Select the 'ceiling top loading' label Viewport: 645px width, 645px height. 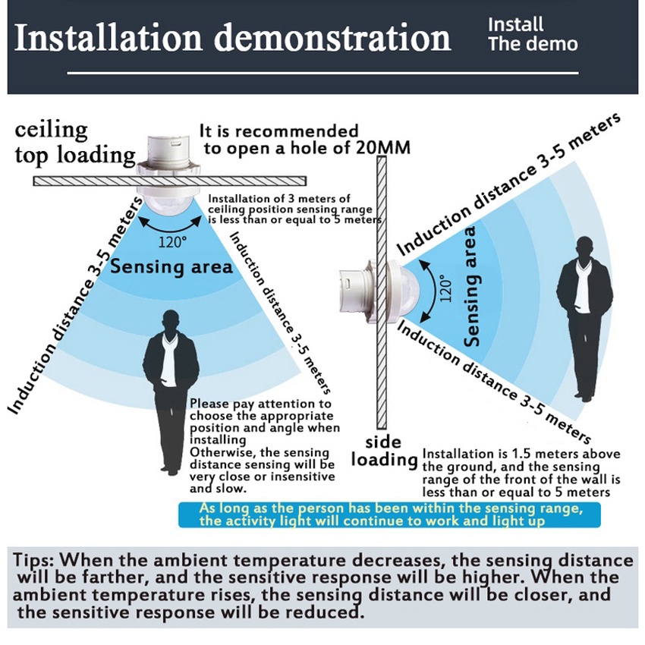coord(74,143)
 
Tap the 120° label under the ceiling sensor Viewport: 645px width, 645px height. coord(171,243)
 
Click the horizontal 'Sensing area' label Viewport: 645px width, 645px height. coord(171,267)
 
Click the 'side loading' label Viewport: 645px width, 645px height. coord(386,451)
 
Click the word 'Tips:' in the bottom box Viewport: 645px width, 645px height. coord(34,561)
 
